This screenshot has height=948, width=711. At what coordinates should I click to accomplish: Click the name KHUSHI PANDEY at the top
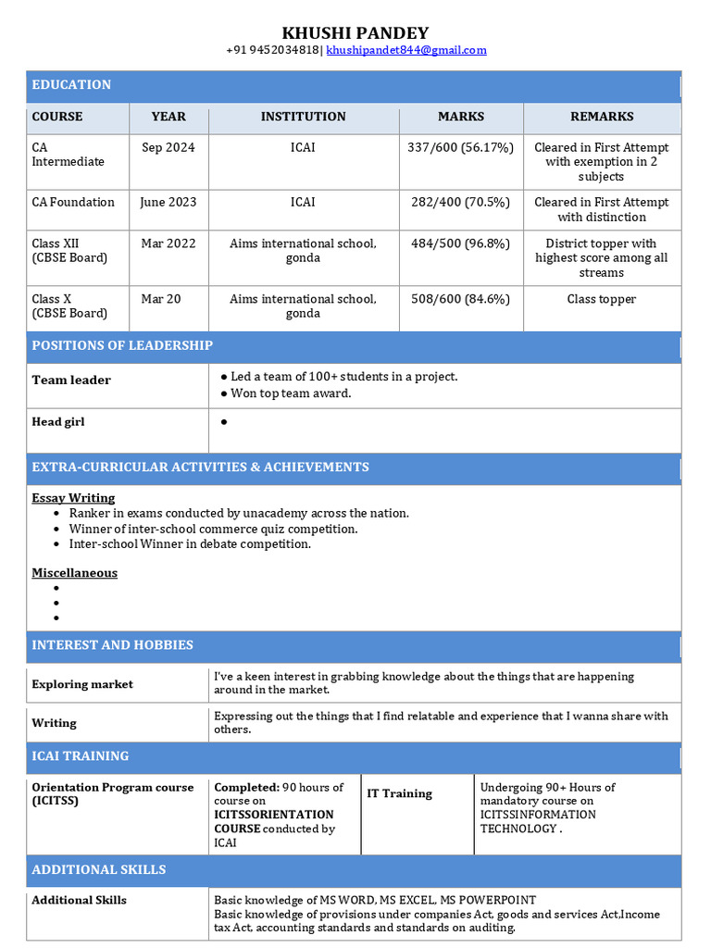click(x=355, y=33)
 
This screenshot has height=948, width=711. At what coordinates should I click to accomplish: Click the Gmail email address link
click(x=406, y=50)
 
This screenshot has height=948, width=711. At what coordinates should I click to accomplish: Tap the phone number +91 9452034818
click(x=272, y=50)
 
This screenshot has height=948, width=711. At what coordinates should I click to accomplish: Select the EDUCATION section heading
click(x=71, y=85)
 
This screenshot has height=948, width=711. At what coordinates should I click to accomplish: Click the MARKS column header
click(x=461, y=117)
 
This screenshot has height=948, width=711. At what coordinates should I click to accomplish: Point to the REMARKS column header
click(x=602, y=117)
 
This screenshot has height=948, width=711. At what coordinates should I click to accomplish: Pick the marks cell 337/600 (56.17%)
click(x=460, y=147)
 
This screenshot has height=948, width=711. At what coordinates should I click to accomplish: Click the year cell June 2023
click(x=168, y=202)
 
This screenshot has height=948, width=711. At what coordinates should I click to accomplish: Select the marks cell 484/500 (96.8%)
click(x=460, y=243)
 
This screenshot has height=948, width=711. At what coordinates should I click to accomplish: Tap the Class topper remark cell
click(x=602, y=299)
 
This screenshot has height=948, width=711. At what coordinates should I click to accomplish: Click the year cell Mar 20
click(x=161, y=299)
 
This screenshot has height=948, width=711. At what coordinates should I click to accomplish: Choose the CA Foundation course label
click(x=73, y=202)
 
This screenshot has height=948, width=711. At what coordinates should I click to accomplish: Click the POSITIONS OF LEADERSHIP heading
click(x=122, y=345)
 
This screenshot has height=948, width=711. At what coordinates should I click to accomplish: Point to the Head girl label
click(x=58, y=422)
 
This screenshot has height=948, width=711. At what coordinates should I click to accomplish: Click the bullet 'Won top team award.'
click(x=291, y=393)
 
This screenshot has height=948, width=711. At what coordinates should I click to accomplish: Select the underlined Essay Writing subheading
click(x=73, y=498)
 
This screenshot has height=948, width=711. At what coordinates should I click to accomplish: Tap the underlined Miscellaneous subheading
click(x=74, y=573)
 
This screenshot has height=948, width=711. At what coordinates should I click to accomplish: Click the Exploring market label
click(x=82, y=684)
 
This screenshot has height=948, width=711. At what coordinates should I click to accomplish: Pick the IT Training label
click(x=399, y=793)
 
